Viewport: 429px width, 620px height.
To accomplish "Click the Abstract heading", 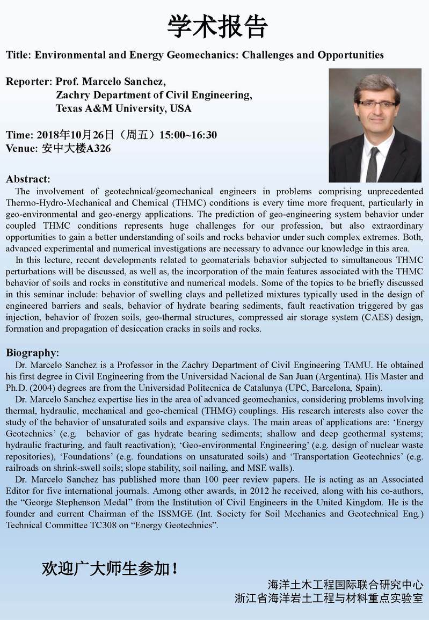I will pyautogui.click(x=28, y=179).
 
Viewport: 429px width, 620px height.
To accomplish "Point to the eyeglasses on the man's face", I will pyautogui.click(x=377, y=104).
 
